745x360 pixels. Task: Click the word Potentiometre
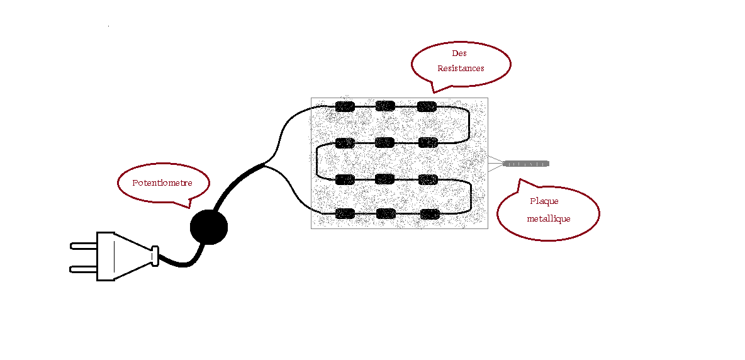point(162,183)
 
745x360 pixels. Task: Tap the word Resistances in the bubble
point(461,68)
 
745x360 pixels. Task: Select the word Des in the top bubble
point(459,54)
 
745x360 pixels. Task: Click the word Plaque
point(544,201)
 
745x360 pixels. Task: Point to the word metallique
point(549,218)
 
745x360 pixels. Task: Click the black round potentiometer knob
point(208,227)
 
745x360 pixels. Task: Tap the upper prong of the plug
point(82,245)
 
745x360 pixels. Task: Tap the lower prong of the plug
point(82,269)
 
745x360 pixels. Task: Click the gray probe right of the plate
point(526,164)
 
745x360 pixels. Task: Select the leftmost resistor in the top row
point(345,106)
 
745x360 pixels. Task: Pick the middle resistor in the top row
point(385,106)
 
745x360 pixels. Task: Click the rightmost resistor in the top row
point(427,106)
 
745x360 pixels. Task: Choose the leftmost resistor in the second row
point(345,143)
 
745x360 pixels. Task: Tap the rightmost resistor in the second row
point(428,142)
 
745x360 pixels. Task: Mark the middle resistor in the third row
point(385,179)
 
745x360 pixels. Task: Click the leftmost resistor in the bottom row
point(345,213)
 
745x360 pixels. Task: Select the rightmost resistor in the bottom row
point(429,213)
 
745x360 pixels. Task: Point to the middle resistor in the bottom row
point(386,213)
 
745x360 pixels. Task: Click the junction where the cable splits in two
point(264,165)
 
